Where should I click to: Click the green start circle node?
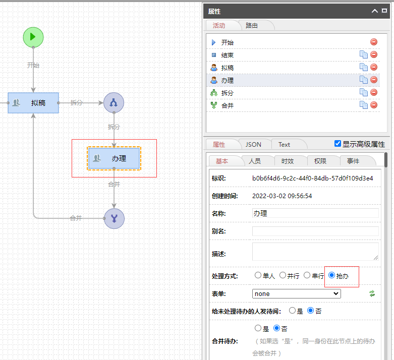(33, 37)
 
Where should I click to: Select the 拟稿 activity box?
(33, 103)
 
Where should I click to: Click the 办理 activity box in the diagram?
(114, 158)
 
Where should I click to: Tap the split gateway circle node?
(114, 103)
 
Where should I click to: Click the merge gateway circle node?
(114, 218)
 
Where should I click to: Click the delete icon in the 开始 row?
(374, 42)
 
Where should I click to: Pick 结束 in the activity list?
(228, 55)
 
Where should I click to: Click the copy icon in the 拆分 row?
(363, 92)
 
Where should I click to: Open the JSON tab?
(253, 144)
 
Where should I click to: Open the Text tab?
(284, 144)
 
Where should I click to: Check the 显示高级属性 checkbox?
(338, 144)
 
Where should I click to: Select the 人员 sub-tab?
(255, 161)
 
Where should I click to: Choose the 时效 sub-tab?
(288, 161)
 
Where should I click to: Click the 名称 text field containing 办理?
(315, 213)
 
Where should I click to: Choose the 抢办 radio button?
(331, 275)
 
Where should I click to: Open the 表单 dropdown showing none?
(296, 293)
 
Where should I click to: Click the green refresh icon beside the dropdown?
(372, 293)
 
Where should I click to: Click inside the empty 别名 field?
(315, 231)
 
